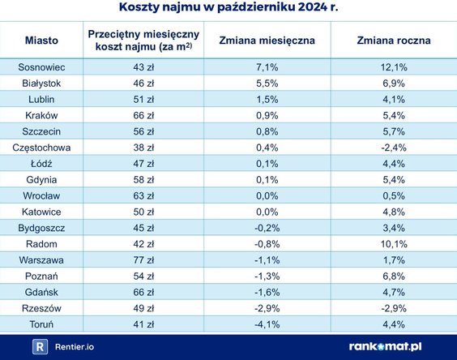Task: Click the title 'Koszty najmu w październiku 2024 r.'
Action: (x=228, y=9)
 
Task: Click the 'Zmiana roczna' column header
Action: (x=393, y=40)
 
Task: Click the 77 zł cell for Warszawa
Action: (x=143, y=260)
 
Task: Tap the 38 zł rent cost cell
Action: (x=143, y=147)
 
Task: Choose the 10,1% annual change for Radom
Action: (x=393, y=244)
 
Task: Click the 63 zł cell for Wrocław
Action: (x=143, y=195)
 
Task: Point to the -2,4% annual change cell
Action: (x=393, y=147)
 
